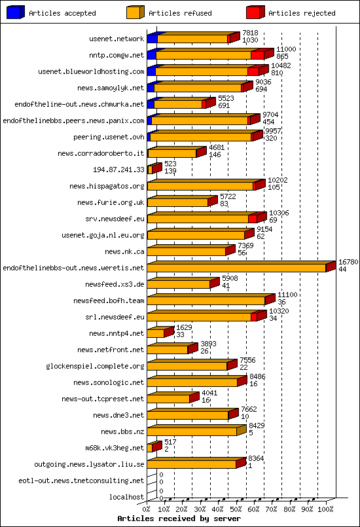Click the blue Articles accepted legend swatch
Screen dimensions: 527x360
[x=15, y=12]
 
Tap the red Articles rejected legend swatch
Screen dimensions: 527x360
[x=255, y=12]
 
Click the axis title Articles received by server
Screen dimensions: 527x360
[x=179, y=518]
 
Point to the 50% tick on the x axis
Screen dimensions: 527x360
[x=236, y=508]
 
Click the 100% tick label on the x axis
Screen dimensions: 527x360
[x=325, y=508]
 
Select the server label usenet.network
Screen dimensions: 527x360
[x=116, y=39]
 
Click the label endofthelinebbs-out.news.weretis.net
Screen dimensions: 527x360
[x=73, y=268]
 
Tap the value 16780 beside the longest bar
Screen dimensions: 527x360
[x=348, y=262]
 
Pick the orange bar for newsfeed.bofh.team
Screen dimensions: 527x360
[x=206, y=300]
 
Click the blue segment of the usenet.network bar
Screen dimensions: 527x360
[x=152, y=39]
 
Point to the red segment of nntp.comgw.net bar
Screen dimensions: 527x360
[x=258, y=55]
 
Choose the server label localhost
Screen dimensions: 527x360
[x=126, y=497]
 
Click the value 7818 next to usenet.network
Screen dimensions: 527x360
[x=250, y=33]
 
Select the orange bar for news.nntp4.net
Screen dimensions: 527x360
[x=156, y=333]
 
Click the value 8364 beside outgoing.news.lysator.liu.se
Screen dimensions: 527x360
[x=255, y=459]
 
